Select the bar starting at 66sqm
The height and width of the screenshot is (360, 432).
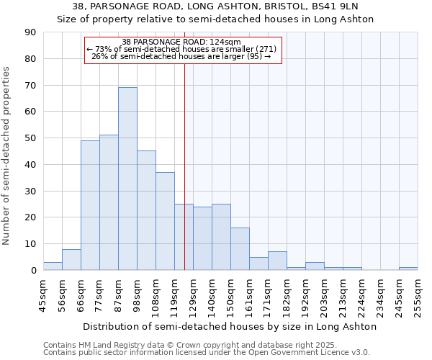[90, 205]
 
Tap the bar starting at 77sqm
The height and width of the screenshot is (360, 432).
[109, 202]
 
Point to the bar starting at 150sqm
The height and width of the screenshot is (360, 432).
[240, 249]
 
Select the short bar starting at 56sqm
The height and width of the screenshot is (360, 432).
[71, 260]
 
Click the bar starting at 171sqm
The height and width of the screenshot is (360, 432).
[277, 261]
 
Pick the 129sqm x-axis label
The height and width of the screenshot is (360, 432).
[193, 293]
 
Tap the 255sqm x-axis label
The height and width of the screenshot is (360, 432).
[418, 293]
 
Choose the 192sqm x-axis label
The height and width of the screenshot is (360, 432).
[305, 293]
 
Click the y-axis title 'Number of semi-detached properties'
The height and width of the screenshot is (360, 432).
[7, 156]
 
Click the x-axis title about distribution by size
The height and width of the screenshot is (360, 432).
[229, 326]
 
